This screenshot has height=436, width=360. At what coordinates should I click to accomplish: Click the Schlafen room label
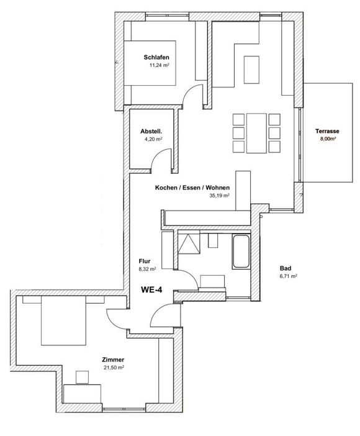[156, 58]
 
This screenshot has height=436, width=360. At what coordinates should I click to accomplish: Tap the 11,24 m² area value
[160, 66]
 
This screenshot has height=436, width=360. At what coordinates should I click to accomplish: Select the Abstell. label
[151, 131]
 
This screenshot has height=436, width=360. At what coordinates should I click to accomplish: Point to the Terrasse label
[327, 131]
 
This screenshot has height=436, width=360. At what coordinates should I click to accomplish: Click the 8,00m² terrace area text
[328, 139]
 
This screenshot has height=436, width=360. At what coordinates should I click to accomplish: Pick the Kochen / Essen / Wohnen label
[192, 188]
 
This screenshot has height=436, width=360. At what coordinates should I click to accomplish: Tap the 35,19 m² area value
[219, 196]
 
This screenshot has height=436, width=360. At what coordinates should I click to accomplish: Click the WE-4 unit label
[151, 290]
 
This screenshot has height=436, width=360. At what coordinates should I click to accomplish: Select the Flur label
[145, 261]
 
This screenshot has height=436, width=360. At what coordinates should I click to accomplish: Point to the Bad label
[286, 268]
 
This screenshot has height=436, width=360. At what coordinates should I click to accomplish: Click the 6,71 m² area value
[288, 276]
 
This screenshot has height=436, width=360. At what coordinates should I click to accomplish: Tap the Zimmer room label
[113, 360]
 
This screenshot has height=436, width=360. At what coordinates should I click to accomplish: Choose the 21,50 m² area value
[114, 368]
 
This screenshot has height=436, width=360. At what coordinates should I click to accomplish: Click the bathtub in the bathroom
[241, 252]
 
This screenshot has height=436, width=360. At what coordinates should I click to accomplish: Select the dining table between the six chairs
[256, 133]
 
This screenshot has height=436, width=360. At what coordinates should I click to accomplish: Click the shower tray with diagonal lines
[189, 244]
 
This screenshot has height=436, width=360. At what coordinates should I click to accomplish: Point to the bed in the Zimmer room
[63, 320]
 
